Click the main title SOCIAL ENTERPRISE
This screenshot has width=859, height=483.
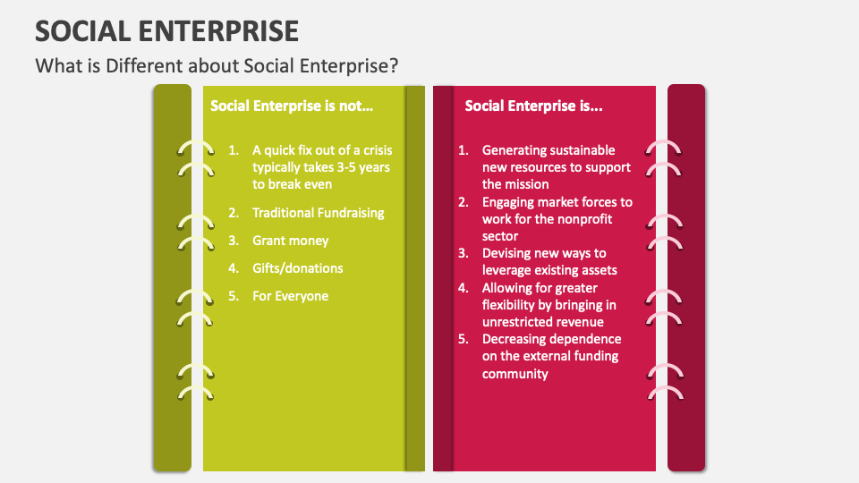coord(167,31)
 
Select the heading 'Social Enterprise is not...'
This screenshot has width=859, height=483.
coord(292,106)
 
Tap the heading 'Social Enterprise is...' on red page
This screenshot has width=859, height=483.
coord(533,106)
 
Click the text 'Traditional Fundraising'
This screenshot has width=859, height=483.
coord(319,213)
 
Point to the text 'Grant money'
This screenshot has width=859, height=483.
coord(290,241)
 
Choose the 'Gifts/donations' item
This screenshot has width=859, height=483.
coord(297,268)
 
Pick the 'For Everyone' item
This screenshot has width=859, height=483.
coord(290,296)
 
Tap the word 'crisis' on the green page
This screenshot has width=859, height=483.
coord(378,150)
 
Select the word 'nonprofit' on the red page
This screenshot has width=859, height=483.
coord(584,220)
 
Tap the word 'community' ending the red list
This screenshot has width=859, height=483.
coord(515,375)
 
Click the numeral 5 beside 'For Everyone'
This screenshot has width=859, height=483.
coord(234,296)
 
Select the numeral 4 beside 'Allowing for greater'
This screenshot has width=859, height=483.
coord(463,288)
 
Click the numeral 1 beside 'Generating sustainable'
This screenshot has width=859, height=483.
coord(463,150)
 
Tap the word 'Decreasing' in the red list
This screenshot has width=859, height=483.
coord(513,340)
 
